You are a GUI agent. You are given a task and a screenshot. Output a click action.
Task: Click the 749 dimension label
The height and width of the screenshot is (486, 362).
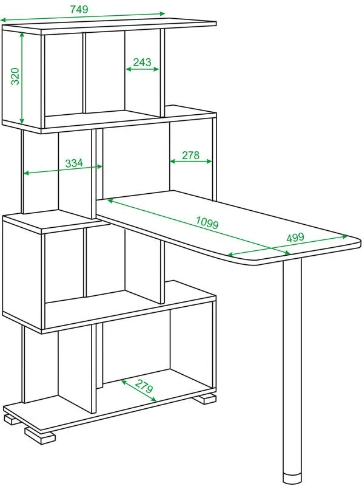(79, 9)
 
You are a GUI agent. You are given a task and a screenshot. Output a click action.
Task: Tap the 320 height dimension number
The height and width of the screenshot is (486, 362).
(15, 77)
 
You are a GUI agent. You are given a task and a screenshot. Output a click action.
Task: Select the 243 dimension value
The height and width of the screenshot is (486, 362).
(142, 62)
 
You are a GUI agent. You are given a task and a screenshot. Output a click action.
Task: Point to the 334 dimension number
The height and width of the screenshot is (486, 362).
(74, 163)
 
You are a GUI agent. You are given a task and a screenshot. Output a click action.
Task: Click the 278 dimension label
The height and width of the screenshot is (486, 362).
(190, 155)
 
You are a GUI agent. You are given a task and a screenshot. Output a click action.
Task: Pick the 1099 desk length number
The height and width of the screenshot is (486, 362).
(207, 222)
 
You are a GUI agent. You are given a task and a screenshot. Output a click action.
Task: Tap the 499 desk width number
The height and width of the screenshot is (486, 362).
(295, 238)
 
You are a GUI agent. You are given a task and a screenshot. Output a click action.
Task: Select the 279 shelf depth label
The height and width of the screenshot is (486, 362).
(144, 386)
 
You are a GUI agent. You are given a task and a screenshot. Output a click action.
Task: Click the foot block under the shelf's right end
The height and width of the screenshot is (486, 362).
(204, 399)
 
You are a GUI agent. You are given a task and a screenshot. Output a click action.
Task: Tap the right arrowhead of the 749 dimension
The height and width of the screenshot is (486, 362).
(162, 13)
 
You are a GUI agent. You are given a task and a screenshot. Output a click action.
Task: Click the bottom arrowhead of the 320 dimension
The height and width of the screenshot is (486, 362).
(22, 120)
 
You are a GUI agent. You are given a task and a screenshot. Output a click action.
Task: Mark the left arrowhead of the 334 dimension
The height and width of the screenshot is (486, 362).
(27, 173)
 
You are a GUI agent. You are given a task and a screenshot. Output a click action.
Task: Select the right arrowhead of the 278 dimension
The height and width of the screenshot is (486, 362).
(209, 161)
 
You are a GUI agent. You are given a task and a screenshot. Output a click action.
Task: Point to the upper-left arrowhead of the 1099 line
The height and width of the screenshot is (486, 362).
(111, 201)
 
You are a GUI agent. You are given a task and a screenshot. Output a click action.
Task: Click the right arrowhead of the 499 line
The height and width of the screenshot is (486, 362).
(344, 237)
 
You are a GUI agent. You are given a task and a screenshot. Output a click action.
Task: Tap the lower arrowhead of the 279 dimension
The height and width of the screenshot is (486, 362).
(153, 399)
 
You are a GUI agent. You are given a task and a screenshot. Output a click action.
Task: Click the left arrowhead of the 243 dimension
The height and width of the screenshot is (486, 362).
(129, 69)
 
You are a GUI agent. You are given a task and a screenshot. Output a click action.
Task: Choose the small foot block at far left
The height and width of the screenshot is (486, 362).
(12, 419)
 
